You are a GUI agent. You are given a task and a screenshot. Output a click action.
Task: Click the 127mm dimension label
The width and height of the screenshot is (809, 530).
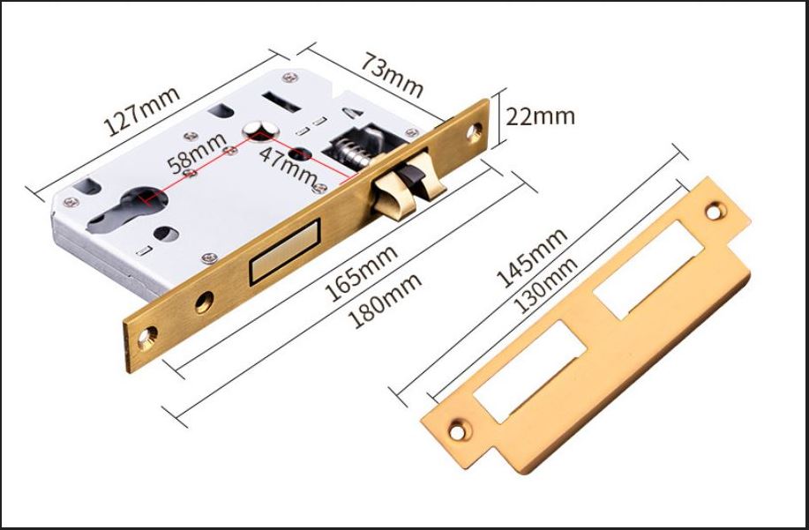[142, 111]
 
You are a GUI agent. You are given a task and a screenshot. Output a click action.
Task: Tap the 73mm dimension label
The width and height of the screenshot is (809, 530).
[392, 74]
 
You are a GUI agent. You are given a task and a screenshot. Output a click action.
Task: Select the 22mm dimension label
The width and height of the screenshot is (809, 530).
[540, 116]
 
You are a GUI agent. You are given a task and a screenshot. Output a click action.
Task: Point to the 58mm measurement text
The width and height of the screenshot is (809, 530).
[198, 153]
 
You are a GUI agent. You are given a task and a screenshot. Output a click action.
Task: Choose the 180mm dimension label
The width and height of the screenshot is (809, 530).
[385, 301]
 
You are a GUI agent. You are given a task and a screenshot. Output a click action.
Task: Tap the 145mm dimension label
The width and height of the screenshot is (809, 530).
[532, 258]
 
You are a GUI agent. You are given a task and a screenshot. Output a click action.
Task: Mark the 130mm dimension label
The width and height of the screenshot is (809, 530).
[546, 285]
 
